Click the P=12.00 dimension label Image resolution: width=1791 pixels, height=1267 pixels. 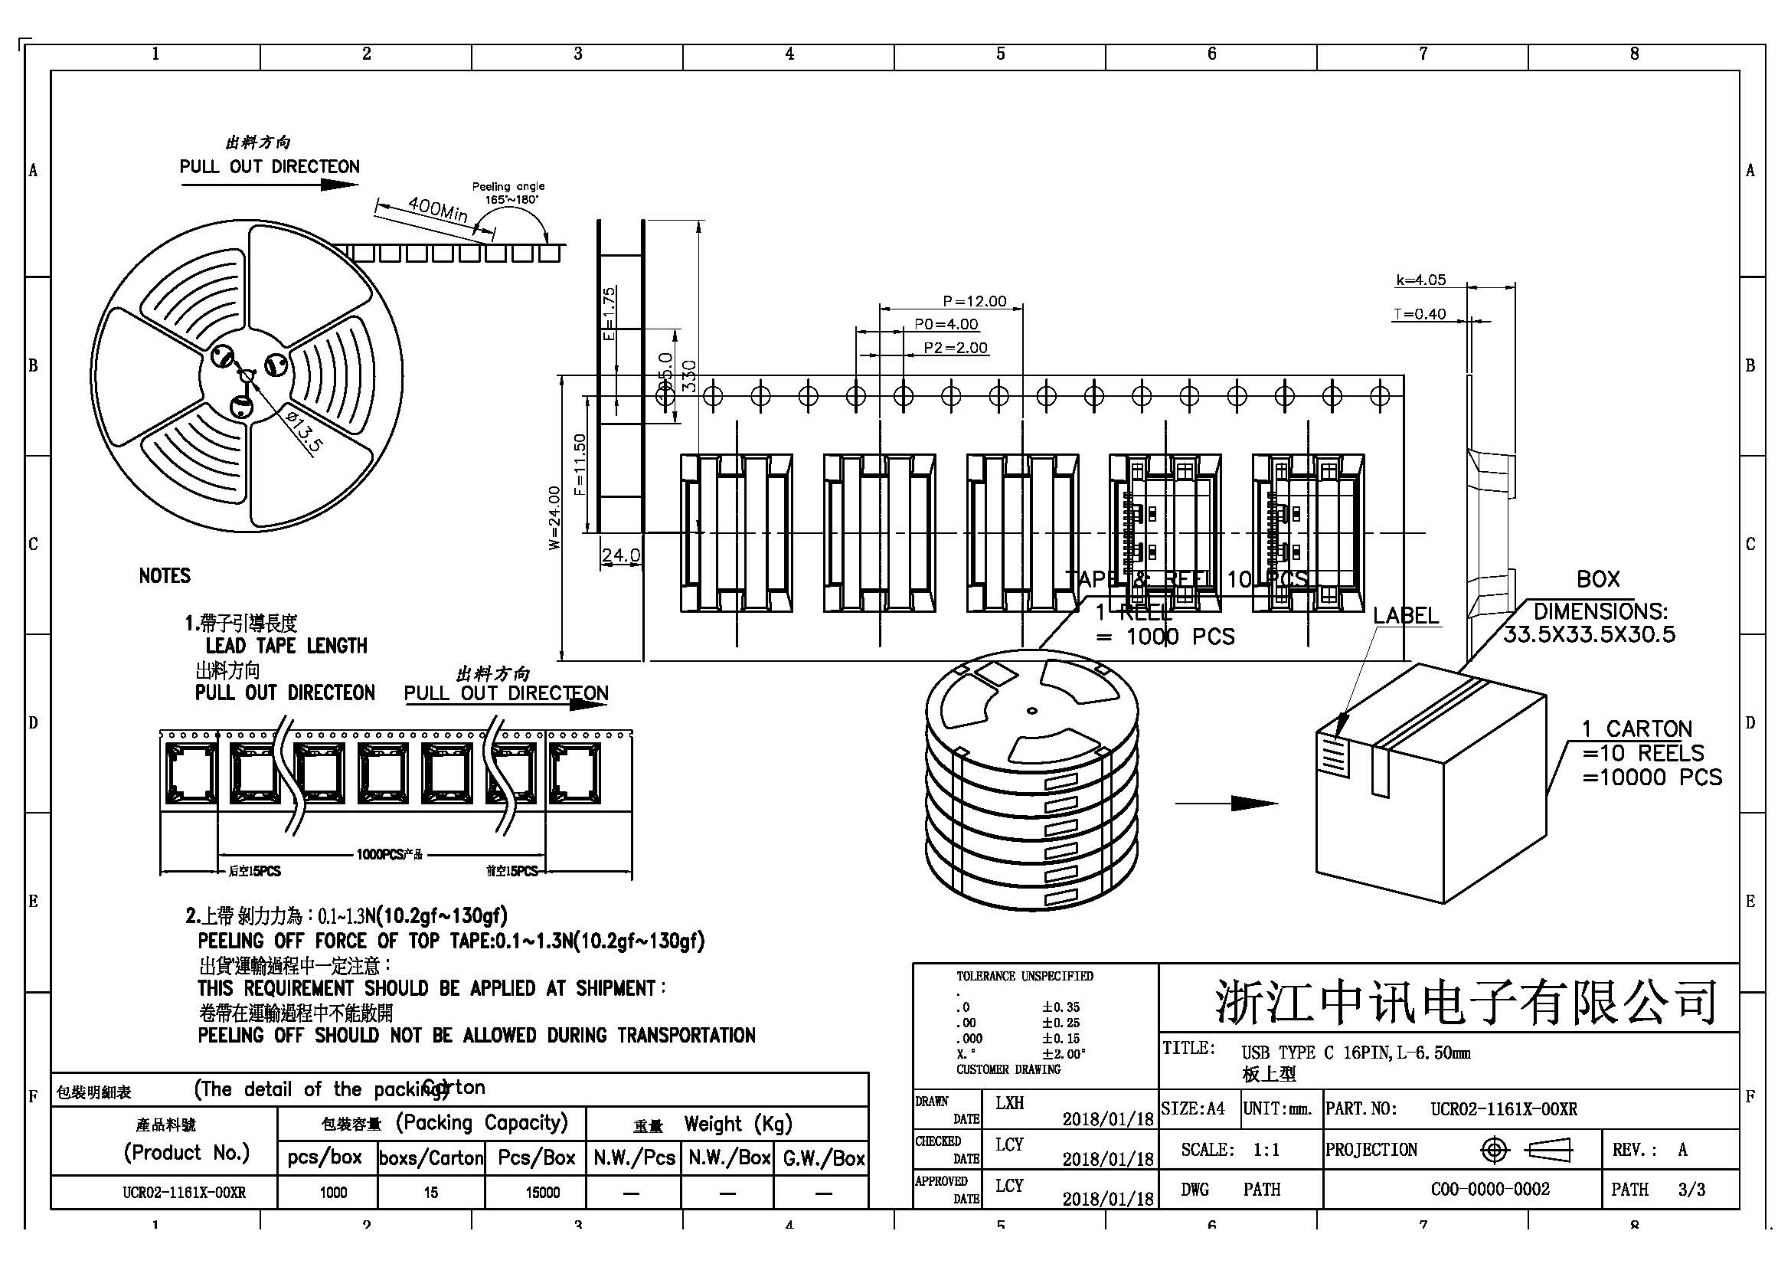974,301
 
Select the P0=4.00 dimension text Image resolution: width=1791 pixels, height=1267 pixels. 946,325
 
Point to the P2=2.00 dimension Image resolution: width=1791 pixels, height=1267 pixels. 956,348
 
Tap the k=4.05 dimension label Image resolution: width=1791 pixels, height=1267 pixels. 1420,280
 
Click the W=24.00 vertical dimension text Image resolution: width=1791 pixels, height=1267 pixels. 554,518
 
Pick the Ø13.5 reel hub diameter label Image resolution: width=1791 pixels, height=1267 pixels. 302,431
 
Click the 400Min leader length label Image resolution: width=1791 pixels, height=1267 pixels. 438,209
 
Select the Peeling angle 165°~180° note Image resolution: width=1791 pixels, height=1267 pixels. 508,193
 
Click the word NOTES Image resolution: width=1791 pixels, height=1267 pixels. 165,576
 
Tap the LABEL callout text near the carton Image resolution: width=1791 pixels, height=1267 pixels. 1406,616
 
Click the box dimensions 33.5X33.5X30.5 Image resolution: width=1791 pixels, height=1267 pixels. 1589,634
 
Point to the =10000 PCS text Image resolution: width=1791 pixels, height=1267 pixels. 1652,777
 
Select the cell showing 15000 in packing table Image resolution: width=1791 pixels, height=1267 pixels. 542,1192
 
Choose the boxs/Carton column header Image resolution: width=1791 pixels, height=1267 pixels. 431,1158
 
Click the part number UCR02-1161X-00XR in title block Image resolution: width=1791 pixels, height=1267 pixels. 1503,1109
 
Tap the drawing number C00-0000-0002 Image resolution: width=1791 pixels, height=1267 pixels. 1490,1190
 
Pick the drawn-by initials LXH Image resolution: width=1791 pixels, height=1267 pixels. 1009,1103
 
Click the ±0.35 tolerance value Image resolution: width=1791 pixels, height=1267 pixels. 1061,1007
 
